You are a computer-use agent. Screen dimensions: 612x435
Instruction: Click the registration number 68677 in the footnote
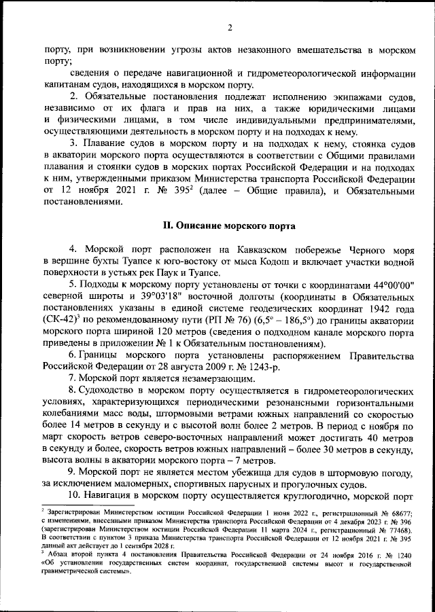404,510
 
